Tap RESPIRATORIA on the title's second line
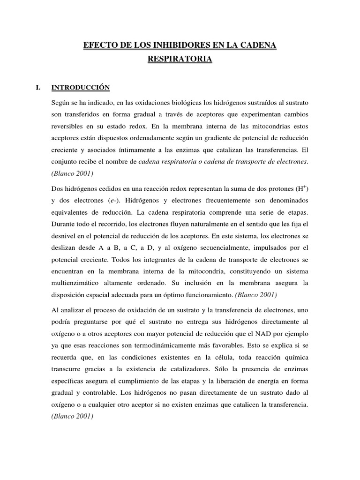[x=180, y=60]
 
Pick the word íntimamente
[x=143, y=150]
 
